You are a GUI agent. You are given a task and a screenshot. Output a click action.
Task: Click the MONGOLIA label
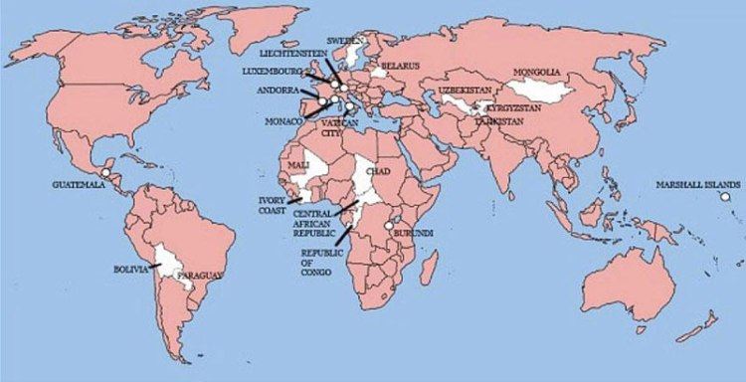(537, 73)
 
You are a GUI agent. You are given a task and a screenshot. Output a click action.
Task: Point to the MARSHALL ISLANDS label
(697, 185)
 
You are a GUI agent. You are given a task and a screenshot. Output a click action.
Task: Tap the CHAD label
(379, 172)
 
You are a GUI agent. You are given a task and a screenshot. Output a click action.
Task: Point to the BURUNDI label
(413, 233)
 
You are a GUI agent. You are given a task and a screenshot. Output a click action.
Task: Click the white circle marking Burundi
(388, 227)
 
